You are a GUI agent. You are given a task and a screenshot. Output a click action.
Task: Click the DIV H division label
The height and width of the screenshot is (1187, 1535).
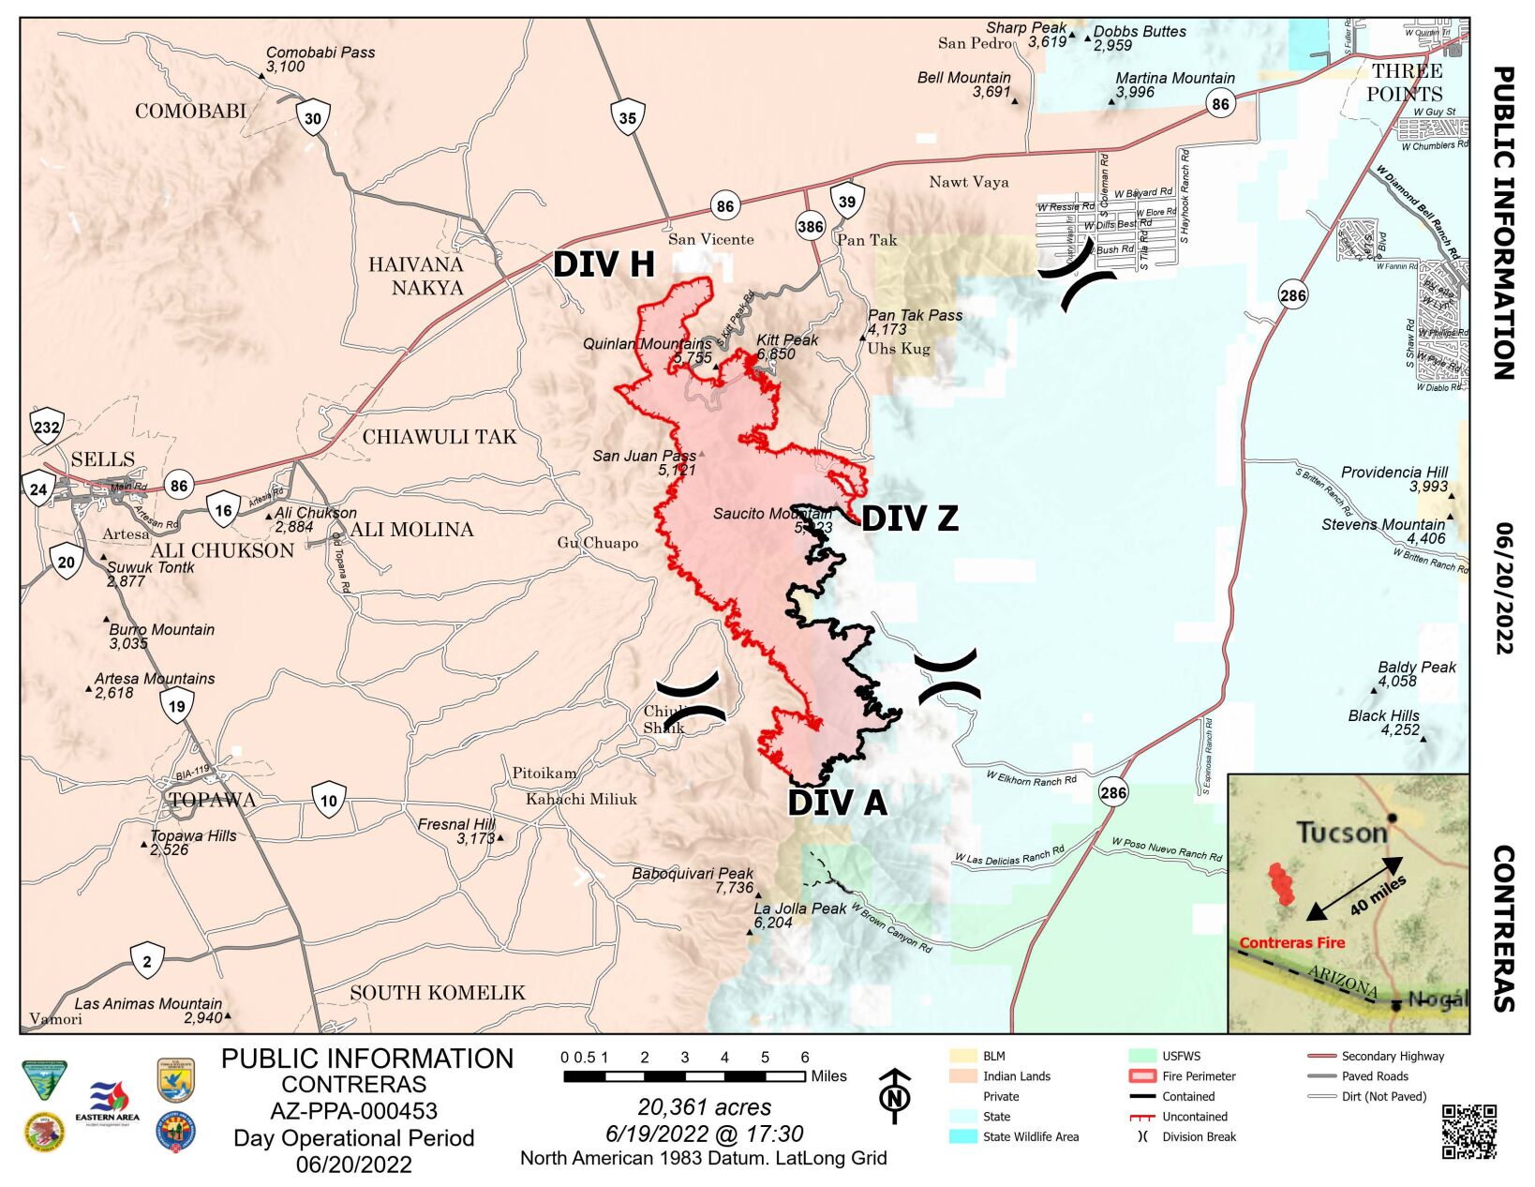click(604, 264)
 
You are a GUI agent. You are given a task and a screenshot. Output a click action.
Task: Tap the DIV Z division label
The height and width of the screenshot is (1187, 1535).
click(909, 518)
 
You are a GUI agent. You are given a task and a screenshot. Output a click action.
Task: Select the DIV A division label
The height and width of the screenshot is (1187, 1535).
click(837, 803)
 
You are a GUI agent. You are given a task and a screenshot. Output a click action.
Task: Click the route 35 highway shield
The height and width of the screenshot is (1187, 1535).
click(628, 118)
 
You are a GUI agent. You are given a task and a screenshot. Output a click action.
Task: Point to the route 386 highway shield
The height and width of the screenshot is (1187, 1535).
click(811, 226)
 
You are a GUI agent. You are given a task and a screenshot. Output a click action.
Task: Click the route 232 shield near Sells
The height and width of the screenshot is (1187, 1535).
click(47, 428)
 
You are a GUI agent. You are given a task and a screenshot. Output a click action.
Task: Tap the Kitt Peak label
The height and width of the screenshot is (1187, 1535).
click(787, 340)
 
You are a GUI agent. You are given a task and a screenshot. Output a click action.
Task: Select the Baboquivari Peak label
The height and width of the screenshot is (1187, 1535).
click(693, 874)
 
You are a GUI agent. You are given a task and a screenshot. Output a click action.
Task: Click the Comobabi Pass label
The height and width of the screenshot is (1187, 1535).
click(320, 53)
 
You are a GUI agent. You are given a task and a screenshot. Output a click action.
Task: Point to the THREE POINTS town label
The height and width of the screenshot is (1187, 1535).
click(1405, 83)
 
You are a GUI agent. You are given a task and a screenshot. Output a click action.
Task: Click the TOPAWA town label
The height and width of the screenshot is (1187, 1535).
click(213, 800)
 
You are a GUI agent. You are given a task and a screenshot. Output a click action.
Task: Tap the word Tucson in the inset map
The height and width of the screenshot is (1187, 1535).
click(1341, 832)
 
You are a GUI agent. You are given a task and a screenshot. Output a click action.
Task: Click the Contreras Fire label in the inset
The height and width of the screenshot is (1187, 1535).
click(1291, 943)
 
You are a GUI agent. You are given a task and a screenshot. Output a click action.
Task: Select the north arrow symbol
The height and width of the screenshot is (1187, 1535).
click(896, 1095)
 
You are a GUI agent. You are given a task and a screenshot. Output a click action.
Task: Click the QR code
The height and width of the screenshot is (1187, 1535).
click(1468, 1131)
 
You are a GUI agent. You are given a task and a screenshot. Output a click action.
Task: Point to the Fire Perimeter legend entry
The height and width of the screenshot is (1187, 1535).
click(1199, 1076)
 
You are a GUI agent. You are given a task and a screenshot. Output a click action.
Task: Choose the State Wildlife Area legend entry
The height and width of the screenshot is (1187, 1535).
click(1030, 1136)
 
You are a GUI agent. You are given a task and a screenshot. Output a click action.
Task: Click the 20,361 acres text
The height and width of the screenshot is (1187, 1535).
click(704, 1107)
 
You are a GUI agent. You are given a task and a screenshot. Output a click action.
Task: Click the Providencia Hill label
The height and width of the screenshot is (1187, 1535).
click(1393, 473)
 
